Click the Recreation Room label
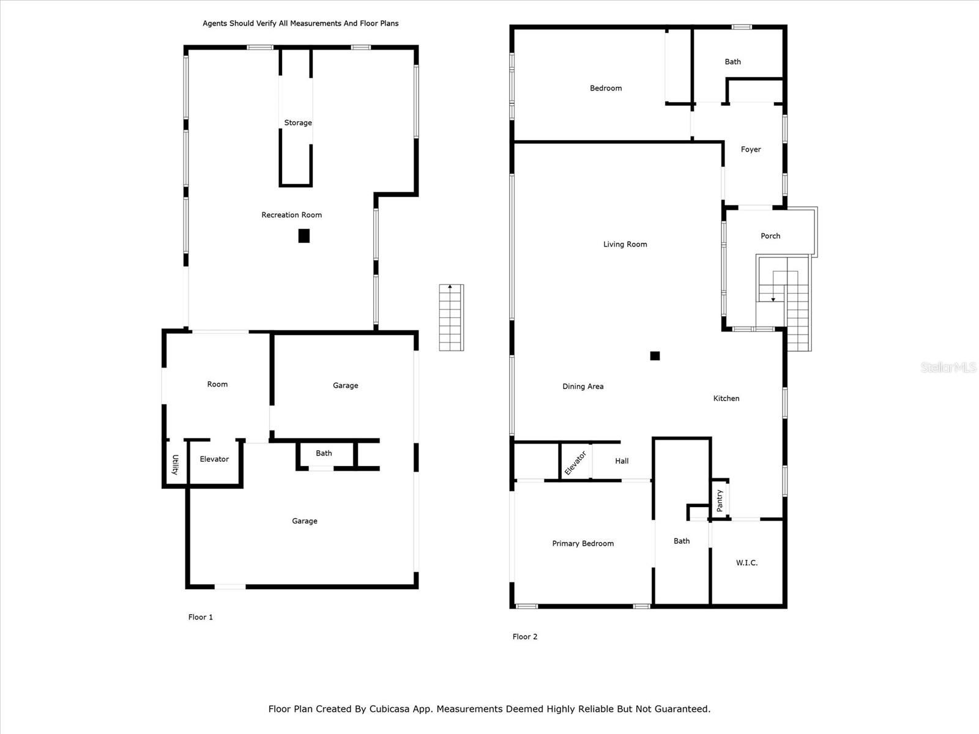[291, 215]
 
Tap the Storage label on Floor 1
[298, 122]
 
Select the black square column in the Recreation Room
[303, 235]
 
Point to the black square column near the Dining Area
[655, 355]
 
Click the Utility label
[175, 465]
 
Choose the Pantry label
[720, 500]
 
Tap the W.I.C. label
[746, 563]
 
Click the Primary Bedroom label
[583, 543]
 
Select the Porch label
[770, 235]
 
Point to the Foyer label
[751, 149]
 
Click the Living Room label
[625, 244]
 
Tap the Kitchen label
[726, 398]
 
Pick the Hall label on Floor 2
[622, 461]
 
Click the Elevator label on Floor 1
[214, 459]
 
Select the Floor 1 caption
[200, 617]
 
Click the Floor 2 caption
[524, 636]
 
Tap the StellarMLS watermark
[948, 367]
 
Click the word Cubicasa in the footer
[389, 708]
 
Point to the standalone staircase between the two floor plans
[452, 317]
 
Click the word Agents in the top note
[215, 24]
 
